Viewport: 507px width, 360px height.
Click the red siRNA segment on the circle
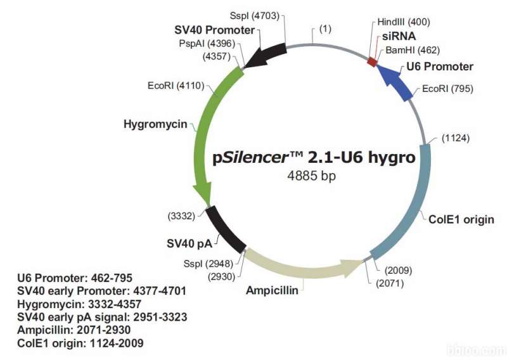click(x=373, y=61)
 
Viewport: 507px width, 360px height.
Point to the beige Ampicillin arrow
click(x=300, y=268)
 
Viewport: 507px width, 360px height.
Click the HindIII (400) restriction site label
click(x=404, y=22)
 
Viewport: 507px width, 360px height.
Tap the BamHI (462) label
click(x=413, y=50)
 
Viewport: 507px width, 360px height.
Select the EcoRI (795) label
click(x=447, y=88)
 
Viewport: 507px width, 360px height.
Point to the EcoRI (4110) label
click(x=176, y=86)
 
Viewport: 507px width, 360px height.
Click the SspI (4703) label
click(x=255, y=15)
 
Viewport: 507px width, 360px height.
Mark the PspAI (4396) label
click(x=207, y=43)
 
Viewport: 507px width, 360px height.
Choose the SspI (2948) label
click(x=209, y=264)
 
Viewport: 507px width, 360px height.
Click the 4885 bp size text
click(x=311, y=176)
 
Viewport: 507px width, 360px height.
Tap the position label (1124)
click(x=456, y=138)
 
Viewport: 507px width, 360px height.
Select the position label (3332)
click(x=181, y=215)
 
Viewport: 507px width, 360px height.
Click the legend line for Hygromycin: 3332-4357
click(x=79, y=304)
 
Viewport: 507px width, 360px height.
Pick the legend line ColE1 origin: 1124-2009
click(x=80, y=343)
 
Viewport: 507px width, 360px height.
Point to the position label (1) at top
click(x=325, y=29)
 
